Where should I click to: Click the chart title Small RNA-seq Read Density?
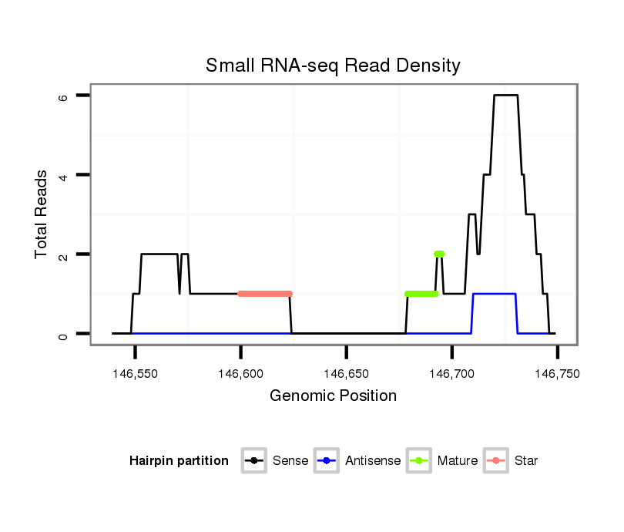coord(333,66)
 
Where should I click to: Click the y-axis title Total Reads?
coord(42,214)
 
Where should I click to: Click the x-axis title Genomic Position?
coord(333,396)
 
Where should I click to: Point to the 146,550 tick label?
coord(135,374)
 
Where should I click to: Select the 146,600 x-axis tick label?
coord(240,374)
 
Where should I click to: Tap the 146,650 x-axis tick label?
coord(346,374)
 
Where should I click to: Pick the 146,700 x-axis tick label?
coord(451,374)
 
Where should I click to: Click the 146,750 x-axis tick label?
coord(557,374)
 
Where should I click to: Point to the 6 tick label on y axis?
coord(64,96)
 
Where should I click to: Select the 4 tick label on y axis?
coord(64,175)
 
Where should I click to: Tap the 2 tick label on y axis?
coord(64,254)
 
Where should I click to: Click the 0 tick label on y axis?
coord(64,334)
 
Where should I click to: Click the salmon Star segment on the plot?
coord(265,294)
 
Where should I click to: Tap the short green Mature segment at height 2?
coord(439,254)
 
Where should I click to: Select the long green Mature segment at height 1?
coord(421,294)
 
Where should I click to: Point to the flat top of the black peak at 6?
coord(505,95)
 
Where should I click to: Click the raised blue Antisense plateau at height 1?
coord(494,294)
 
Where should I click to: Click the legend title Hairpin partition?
coord(179,461)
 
